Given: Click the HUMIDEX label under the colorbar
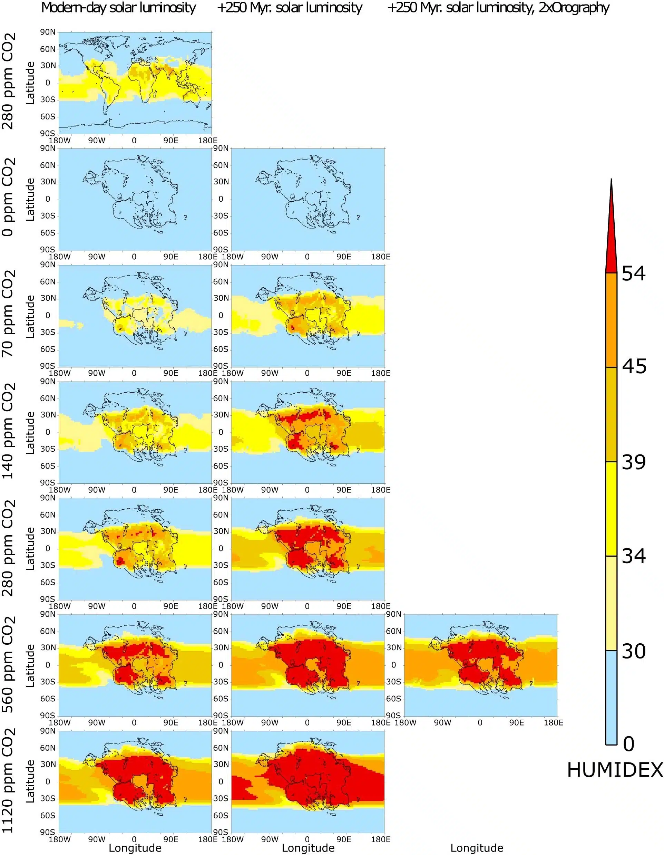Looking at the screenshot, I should [x=615, y=770].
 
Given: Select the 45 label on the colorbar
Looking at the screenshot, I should [x=634, y=366].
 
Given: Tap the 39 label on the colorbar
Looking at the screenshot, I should [x=634, y=462].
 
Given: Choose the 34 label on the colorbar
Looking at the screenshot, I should [x=634, y=556].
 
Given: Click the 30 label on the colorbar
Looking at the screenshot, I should [x=634, y=651].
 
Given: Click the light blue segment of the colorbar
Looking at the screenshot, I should [x=611, y=697].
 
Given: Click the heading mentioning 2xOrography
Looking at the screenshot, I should [x=498, y=8].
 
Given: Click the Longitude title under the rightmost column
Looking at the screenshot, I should [x=477, y=848].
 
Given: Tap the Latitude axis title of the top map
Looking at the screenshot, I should [x=30, y=83].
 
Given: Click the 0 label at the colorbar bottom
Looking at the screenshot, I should [x=628, y=744].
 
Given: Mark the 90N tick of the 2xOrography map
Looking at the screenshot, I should [x=394, y=614].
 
